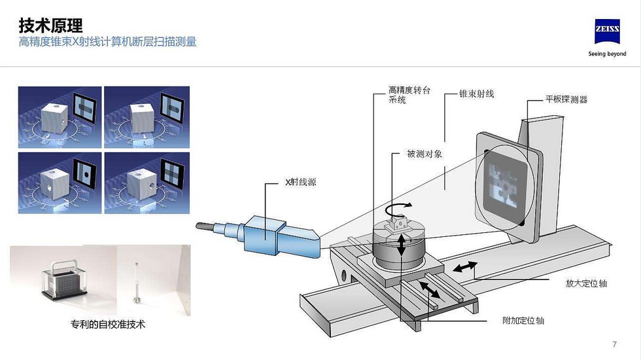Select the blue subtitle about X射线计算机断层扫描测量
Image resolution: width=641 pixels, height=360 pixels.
(107, 43)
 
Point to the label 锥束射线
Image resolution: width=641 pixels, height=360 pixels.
(477, 94)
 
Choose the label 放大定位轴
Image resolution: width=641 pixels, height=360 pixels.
(587, 283)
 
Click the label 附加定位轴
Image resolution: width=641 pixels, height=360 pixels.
(523, 321)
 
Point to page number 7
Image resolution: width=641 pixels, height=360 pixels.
(614, 344)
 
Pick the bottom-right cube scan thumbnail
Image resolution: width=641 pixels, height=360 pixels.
(147, 183)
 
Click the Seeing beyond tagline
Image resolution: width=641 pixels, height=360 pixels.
(607, 54)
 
